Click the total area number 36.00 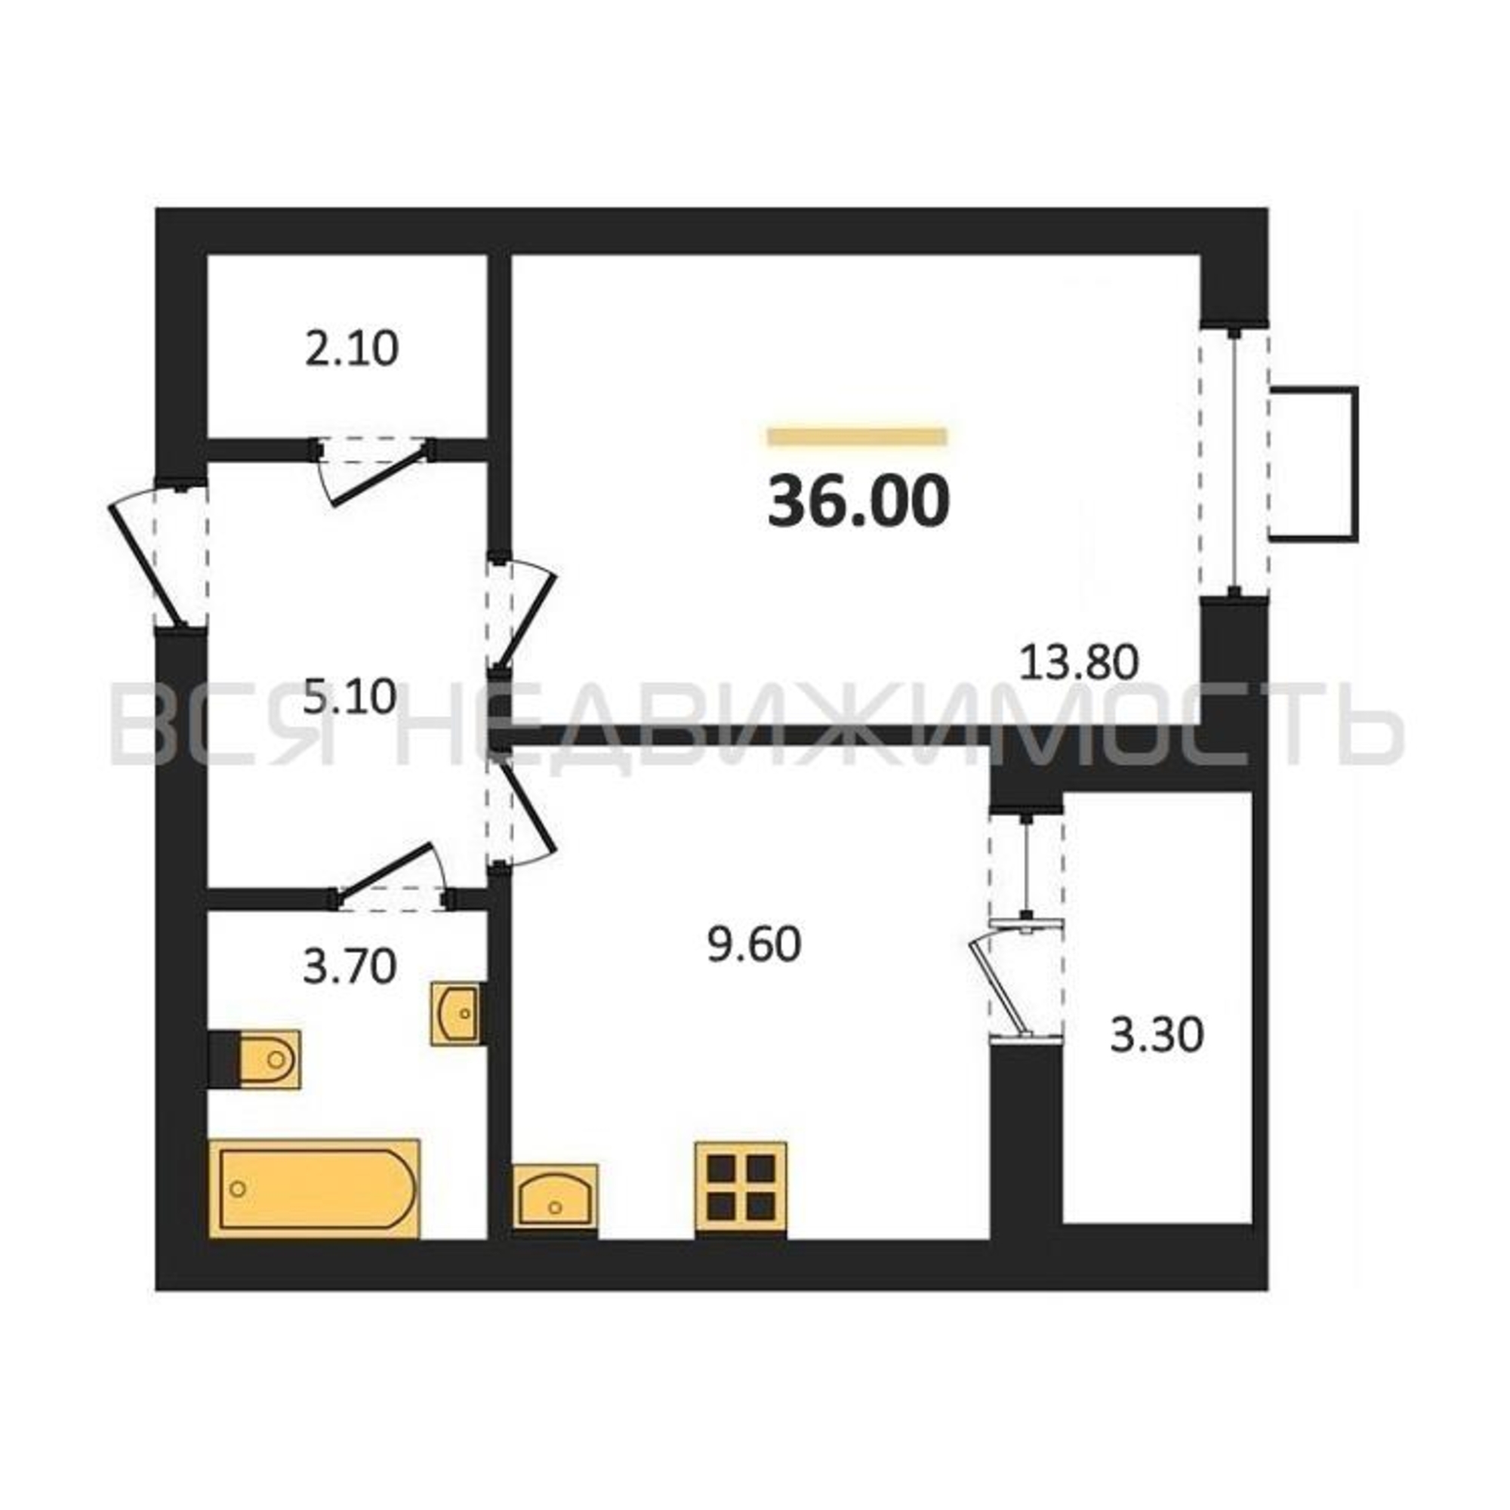tap(858, 501)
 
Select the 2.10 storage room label tap(352, 349)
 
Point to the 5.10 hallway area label tap(350, 697)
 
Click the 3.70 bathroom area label tap(350, 967)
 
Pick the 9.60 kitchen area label tap(754, 945)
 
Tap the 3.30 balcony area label tap(1157, 1036)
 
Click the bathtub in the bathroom tap(314, 1189)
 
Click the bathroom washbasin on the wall tap(456, 1014)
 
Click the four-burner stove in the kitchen tap(741, 1191)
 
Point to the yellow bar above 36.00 tap(858, 436)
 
